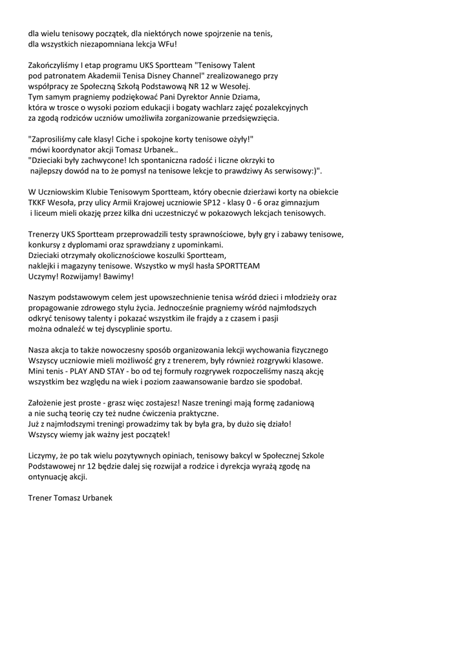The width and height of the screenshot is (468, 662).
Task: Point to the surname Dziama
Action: (244, 97)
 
